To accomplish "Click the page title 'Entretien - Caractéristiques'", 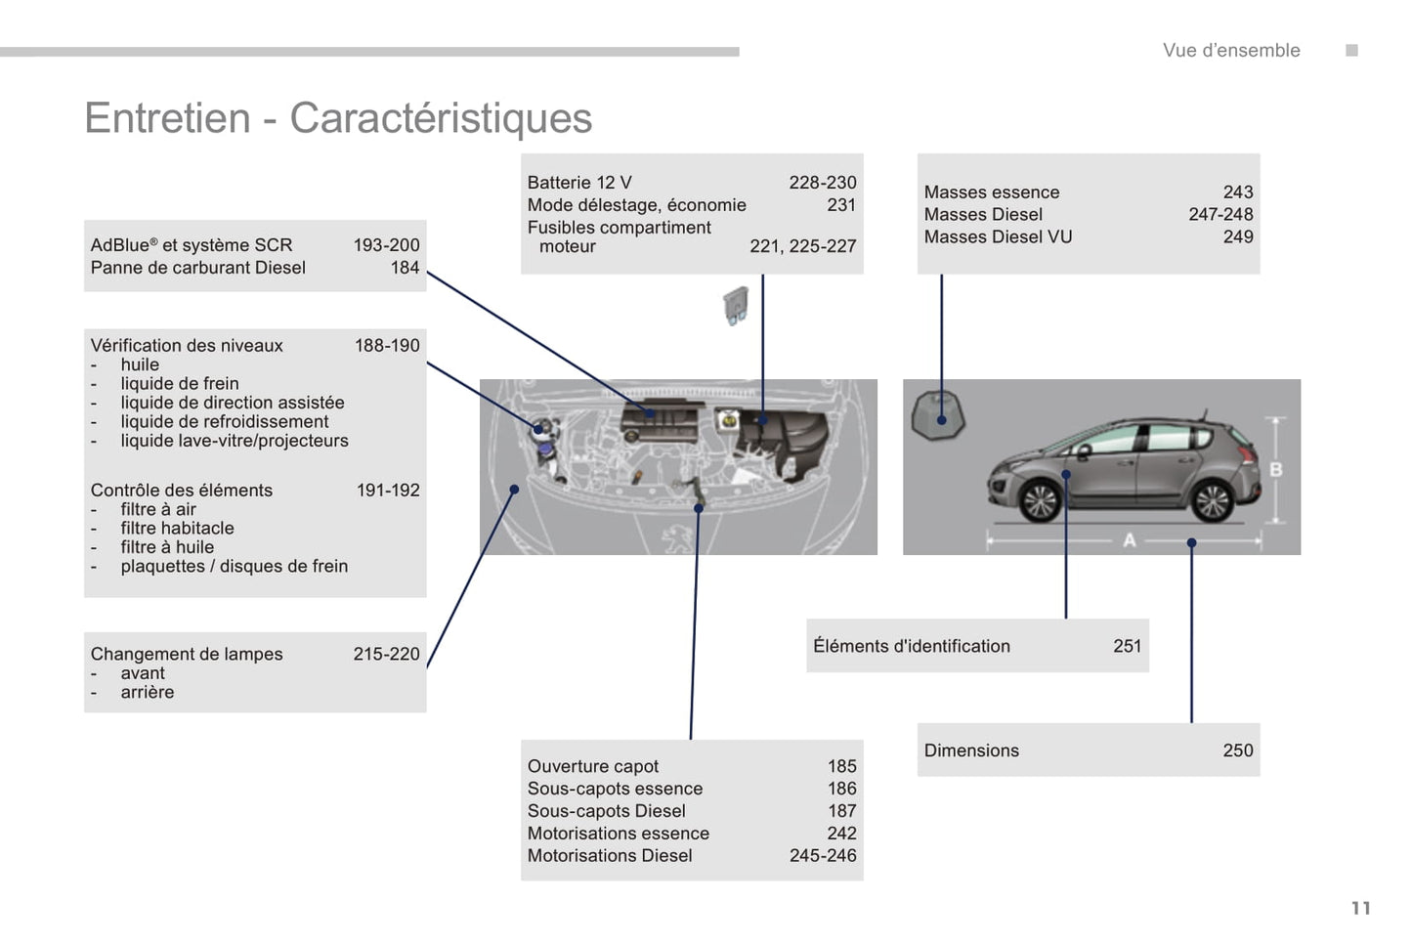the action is (x=338, y=118).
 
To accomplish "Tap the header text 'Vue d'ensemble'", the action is (x=1231, y=51).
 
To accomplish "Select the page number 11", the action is (x=1361, y=908).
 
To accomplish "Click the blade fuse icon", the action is (x=735, y=305).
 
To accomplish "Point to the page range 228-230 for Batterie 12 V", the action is (x=823, y=183).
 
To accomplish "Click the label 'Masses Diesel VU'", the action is (x=998, y=237).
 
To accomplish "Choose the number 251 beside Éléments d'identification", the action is (x=1127, y=646).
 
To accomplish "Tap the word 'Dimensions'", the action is (x=971, y=750).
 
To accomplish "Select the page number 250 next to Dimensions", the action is (x=1238, y=750).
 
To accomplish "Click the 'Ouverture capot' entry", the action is (x=592, y=766).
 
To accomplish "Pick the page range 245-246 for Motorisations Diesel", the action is (x=823, y=856).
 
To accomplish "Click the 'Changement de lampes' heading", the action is (x=187, y=654).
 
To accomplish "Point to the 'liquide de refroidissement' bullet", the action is (x=225, y=421).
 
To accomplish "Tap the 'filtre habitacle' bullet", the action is (x=177, y=528).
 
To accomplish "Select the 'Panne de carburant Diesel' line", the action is (x=198, y=268).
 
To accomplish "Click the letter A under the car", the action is (x=1129, y=540).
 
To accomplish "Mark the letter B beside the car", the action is (x=1275, y=470).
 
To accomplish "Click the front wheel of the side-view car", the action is (x=1040, y=501).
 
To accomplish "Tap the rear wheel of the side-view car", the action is (x=1212, y=501).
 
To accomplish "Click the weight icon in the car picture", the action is (x=938, y=415).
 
